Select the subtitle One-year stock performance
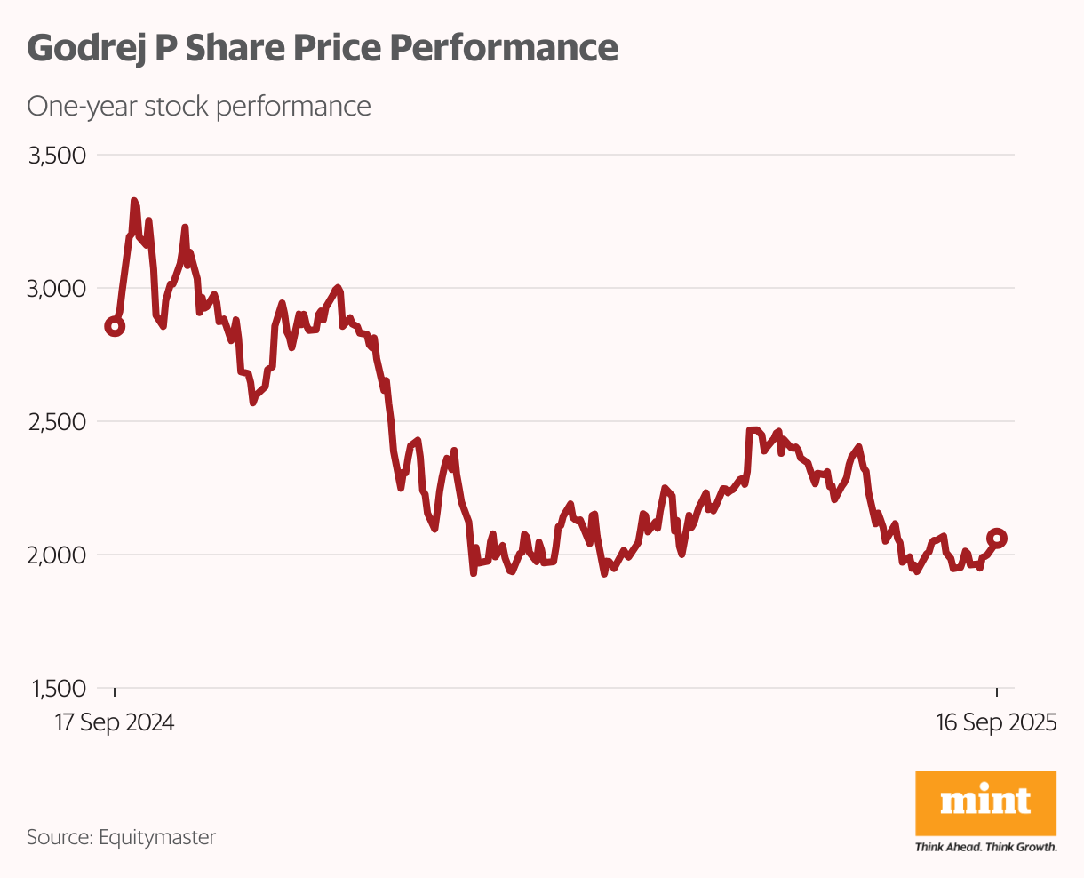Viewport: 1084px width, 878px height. pos(198,107)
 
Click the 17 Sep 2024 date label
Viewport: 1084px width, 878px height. pos(115,722)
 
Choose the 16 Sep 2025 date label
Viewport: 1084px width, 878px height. pos(996,722)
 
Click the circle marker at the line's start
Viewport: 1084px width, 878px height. pos(115,326)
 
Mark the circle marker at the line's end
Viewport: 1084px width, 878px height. pos(997,538)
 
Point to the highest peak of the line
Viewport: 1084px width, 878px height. pos(134,202)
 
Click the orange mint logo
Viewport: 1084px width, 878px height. pos(985,802)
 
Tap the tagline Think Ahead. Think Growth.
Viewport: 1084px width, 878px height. pos(985,847)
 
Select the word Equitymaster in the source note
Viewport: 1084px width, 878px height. pos(157,837)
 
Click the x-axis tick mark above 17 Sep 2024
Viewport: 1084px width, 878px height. pos(115,692)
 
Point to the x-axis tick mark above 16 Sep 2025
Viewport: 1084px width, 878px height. pos(997,692)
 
